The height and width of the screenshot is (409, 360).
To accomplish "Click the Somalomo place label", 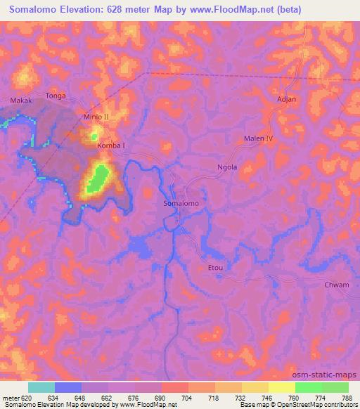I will coord(181,203).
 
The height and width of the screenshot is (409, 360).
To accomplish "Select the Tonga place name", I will coord(55,95).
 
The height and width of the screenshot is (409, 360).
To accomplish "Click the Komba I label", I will coord(111,145).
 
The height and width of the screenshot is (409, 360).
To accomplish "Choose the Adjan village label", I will coord(287,99).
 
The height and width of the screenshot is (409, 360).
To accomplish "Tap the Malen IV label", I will coord(258,138).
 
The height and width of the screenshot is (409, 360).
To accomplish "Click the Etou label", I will coord(215,267).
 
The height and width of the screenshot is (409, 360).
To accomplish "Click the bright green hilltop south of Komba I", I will coord(98,177).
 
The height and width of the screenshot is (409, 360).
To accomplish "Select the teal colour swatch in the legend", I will coord(41,387).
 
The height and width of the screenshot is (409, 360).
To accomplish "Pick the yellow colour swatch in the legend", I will coord(282,387).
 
